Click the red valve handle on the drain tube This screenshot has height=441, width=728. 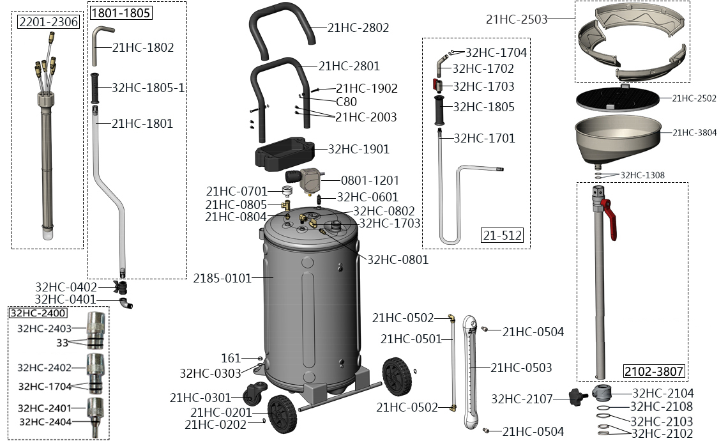(612, 220)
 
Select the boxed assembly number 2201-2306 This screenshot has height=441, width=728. (49, 22)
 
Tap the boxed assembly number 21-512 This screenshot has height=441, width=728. (502, 236)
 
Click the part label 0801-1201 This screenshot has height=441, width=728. (370, 181)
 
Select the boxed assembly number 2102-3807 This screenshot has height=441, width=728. (653, 371)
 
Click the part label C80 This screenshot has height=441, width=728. (346, 102)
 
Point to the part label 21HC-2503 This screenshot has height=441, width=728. (517, 19)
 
